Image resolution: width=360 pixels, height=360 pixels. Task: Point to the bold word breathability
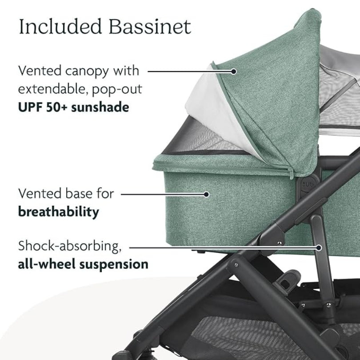pyautogui.click(x=58, y=212)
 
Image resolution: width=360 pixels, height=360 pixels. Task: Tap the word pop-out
pyautogui.click(x=117, y=89)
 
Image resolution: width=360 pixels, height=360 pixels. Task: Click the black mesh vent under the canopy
pyautogui.click(x=196, y=138)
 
